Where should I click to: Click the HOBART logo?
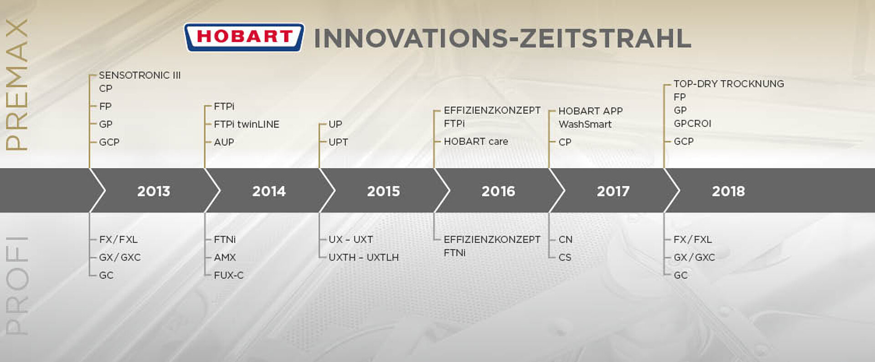(x=244, y=37)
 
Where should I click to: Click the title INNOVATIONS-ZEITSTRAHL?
(x=503, y=38)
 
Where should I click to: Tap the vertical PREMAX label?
(x=16, y=85)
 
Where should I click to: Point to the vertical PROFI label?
(x=16, y=286)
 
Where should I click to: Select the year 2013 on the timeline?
(x=154, y=191)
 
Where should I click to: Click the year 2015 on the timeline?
(x=383, y=191)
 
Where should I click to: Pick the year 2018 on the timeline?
(x=728, y=191)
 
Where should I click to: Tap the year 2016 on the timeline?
(x=498, y=191)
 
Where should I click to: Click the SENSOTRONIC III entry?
(x=140, y=75)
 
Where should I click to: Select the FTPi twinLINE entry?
(x=247, y=124)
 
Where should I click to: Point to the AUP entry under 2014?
(x=224, y=142)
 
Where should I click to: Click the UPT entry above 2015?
(x=338, y=142)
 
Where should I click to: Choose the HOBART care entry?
(x=476, y=142)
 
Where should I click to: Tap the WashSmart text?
(x=585, y=124)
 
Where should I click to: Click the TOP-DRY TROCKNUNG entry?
(x=729, y=84)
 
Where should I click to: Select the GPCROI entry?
(x=692, y=123)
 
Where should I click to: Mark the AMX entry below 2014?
(x=225, y=257)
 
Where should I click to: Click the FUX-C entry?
(x=228, y=275)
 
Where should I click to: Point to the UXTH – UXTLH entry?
(x=364, y=257)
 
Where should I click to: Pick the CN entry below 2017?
(x=566, y=240)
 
